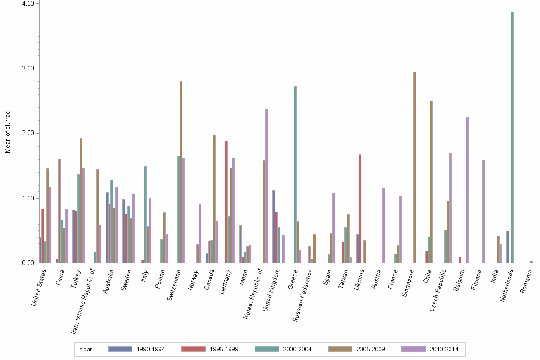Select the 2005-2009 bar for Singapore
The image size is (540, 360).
coord(415,167)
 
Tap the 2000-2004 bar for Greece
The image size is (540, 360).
coord(295,174)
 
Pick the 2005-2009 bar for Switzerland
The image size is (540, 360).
coord(181,172)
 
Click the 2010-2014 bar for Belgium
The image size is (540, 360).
coord(467,190)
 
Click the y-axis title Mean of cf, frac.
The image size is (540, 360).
coord(7,132)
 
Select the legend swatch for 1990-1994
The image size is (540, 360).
coord(120,349)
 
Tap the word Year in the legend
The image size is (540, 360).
coord(86,350)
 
